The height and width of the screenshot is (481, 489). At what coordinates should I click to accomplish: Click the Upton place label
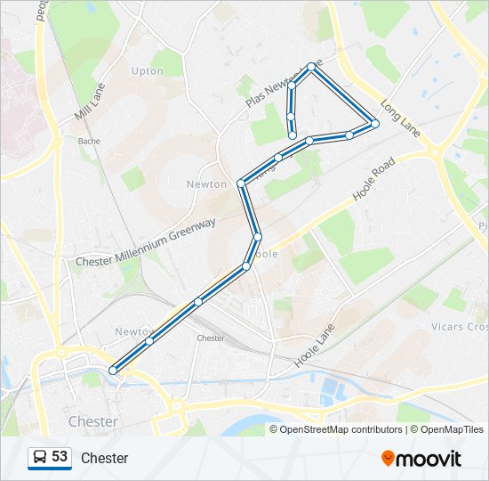148,71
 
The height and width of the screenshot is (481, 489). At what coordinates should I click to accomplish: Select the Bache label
89,141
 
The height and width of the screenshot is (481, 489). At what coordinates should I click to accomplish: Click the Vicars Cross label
461,327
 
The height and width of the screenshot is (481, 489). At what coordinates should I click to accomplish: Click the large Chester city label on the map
92,421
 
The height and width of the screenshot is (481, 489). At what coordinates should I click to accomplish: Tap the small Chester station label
211,338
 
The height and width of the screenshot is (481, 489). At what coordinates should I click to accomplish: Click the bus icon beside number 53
39,458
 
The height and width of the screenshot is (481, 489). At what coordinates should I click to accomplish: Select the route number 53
60,457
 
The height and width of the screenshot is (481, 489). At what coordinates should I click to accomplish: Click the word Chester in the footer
104,459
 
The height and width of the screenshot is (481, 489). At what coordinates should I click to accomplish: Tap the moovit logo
421,459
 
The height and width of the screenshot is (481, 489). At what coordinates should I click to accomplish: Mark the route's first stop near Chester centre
113,370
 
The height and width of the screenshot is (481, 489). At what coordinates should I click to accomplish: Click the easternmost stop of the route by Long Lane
375,123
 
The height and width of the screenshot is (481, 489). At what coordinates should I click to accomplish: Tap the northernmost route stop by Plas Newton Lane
311,67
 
